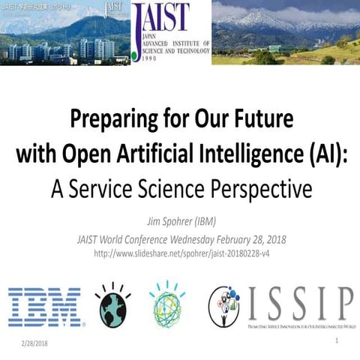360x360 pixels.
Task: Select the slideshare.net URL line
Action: tap(180, 253)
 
